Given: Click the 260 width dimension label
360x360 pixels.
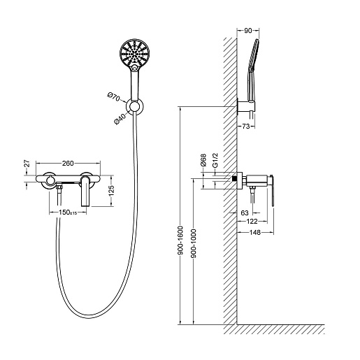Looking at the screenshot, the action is (68, 164).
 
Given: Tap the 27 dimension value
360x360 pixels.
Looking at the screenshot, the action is (27, 163).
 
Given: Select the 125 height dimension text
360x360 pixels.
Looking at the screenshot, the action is (112, 190).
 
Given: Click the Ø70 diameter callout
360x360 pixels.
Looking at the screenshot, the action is (114, 97).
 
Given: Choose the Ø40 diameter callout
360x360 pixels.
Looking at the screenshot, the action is (120, 118).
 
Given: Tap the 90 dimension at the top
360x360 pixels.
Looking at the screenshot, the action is (248, 31).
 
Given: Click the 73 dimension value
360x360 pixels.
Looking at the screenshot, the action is (246, 127).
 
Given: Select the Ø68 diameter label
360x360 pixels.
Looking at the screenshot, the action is (203, 160).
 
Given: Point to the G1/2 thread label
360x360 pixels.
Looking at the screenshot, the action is (215, 160).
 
